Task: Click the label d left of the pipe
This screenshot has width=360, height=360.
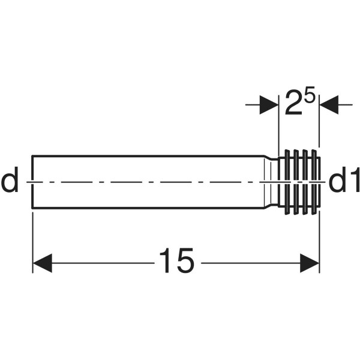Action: point(10,180)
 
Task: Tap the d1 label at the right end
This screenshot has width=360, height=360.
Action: point(344,180)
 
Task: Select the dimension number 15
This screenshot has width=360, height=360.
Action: point(177,260)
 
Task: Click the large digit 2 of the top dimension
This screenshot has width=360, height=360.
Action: point(293,103)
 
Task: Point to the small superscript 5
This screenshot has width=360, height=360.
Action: point(309,95)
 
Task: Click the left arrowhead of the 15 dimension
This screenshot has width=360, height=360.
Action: point(43,263)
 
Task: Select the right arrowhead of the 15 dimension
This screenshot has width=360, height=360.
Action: point(310,263)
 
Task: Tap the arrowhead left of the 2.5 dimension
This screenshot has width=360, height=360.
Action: point(269,104)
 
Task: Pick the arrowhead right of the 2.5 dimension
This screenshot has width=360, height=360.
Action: point(329,104)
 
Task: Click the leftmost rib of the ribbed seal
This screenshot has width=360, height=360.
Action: point(287,182)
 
